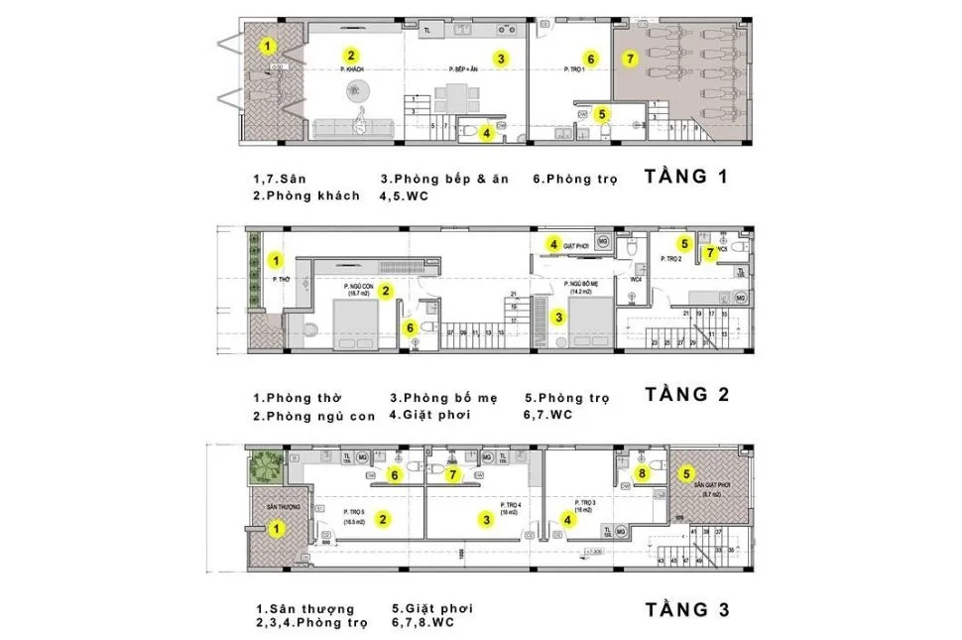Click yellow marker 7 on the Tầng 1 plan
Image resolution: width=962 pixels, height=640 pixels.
pyautogui.click(x=629, y=59)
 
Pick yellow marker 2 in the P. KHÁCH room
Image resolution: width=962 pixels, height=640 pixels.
pyautogui.click(x=351, y=55)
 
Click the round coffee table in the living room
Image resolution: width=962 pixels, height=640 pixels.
pyautogui.click(x=356, y=92)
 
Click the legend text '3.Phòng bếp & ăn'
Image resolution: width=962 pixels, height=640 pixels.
pyautogui.click(x=443, y=179)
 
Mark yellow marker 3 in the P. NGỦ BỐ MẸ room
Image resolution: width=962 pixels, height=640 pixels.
pyautogui.click(x=559, y=318)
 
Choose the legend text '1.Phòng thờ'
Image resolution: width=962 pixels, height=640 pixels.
pyautogui.click(x=297, y=399)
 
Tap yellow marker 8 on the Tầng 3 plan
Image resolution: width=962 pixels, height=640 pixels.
pyautogui.click(x=642, y=474)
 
